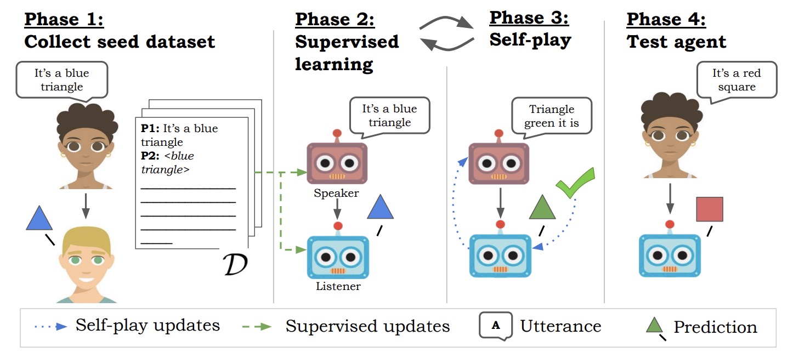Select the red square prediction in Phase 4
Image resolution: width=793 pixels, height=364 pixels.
pyautogui.click(x=709, y=209)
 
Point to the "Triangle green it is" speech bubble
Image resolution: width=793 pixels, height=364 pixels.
pyautogui.click(x=551, y=116)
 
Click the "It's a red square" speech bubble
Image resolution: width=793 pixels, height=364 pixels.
pyautogui.click(x=736, y=80)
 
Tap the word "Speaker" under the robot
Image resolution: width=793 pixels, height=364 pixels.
pyautogui.click(x=336, y=193)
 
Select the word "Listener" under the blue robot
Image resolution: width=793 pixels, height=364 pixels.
pyautogui.click(x=338, y=286)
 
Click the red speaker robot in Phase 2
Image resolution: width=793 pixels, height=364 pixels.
pyautogui.click(x=337, y=162)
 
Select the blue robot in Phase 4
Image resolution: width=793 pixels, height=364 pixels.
pyautogui.click(x=669, y=255)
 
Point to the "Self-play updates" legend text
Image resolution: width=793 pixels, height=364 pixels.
pyautogui.click(x=148, y=326)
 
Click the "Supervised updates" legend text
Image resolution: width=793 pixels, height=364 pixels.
pyautogui.click(x=367, y=327)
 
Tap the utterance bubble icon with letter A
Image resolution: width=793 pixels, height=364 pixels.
pyautogui.click(x=496, y=325)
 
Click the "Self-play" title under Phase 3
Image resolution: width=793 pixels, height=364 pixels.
pyautogui.click(x=530, y=40)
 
